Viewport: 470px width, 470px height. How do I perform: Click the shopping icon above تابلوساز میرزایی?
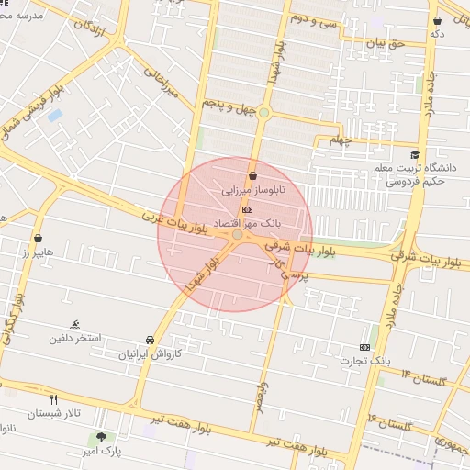click(252, 176)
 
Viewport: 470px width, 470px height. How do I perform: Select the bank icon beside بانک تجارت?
click(365, 347)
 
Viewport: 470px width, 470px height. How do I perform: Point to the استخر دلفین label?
click(82, 338)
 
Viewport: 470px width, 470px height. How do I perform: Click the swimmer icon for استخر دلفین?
click(75, 324)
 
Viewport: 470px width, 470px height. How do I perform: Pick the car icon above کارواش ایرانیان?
click(151, 339)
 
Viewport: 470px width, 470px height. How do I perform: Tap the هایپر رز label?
click(39, 252)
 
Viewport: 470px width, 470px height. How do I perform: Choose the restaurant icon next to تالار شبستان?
click(53, 399)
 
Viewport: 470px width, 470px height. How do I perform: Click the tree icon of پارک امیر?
click(101, 437)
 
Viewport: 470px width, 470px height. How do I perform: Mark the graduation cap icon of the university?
click(415, 155)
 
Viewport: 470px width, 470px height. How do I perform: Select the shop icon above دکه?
click(437, 20)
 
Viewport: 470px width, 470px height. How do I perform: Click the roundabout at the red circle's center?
click(237, 235)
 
